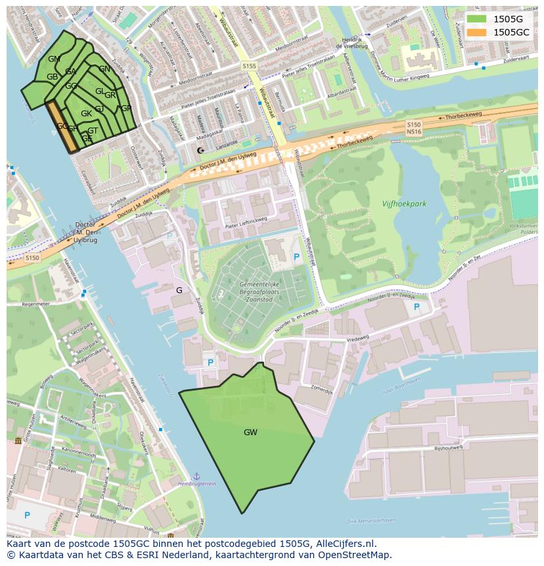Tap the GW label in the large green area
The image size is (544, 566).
pos(250,433)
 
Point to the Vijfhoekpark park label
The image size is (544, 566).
pos(404,204)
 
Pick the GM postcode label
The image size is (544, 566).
pos(54,59)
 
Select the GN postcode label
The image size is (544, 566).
pos(104,69)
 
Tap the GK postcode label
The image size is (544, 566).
pos(86,114)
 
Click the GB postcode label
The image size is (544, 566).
pos(52,77)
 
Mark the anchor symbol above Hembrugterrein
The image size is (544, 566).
pos(196,475)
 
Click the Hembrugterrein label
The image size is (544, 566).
pos(197,483)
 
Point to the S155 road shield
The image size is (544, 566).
pos(249,66)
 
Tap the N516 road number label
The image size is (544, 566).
pos(413,131)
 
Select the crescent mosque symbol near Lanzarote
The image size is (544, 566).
pos(200,151)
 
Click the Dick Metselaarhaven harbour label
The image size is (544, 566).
pos(371,521)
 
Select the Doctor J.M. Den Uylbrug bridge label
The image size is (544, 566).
pos(85,233)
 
